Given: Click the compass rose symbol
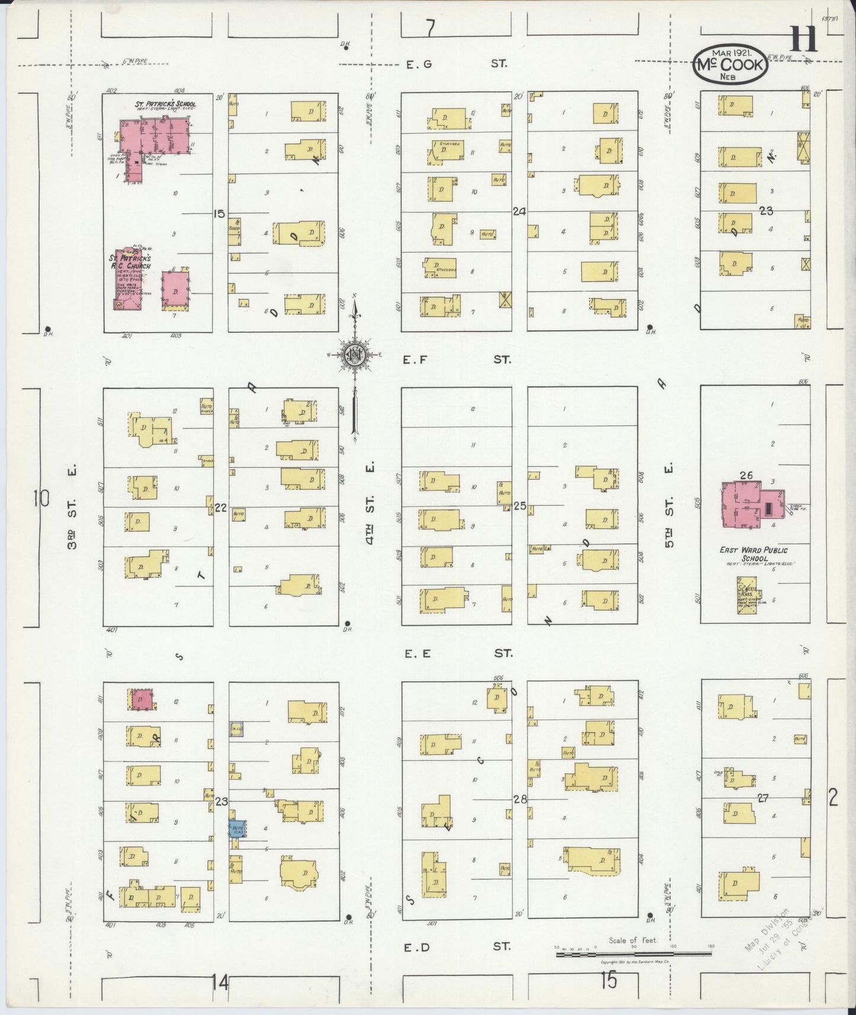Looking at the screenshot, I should pyautogui.click(x=355, y=355).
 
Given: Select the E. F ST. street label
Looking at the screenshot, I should pyautogui.click(x=456, y=359).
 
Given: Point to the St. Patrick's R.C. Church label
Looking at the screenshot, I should pyautogui.click(x=130, y=262).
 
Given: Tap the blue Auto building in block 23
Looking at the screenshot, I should pyautogui.click(x=238, y=828).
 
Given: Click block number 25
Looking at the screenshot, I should pyautogui.click(x=520, y=506).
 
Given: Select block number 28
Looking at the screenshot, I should pyautogui.click(x=520, y=799).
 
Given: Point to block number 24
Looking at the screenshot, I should pyautogui.click(x=520, y=211).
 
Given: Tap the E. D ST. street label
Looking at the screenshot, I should pyautogui.click(x=456, y=947).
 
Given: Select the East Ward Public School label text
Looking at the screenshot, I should pyautogui.click(x=753, y=554).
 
